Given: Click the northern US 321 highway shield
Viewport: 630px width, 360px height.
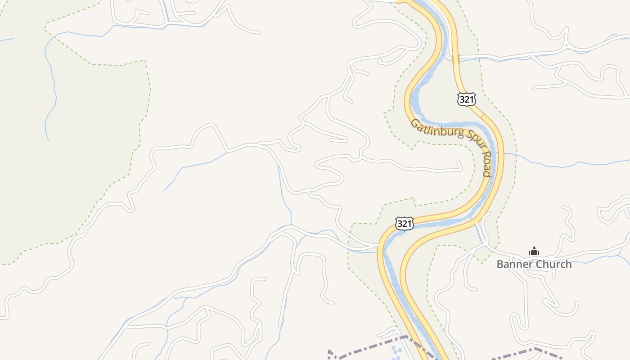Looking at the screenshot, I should click(x=466, y=99).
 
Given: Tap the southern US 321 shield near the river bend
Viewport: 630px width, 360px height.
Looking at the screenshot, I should click(x=404, y=223).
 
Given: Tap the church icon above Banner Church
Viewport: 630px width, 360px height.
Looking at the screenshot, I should click(x=534, y=251).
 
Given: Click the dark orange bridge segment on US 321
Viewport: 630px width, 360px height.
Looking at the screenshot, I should click(x=455, y=58).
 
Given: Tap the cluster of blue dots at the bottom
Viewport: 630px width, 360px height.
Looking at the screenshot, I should click(x=396, y=351).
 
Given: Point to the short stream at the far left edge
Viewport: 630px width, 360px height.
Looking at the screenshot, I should click(x=7, y=40).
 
